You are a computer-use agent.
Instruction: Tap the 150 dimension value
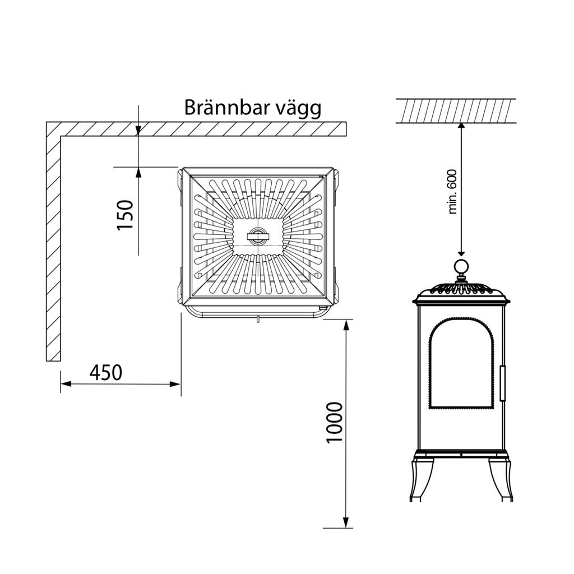coord(126,215)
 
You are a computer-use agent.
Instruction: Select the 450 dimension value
coord(105,372)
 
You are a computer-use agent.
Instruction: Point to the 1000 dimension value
coord(334,422)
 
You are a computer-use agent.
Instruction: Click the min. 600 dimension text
coord(453,191)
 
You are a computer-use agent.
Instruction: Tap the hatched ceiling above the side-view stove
coord(456,111)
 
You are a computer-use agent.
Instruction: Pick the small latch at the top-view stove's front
coord(257,320)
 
